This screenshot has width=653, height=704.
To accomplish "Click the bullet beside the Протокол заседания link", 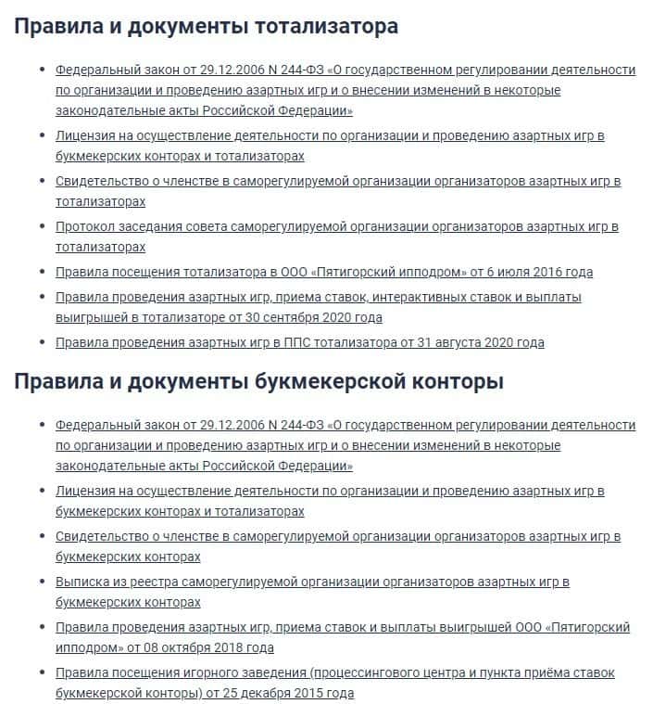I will coord(42,227).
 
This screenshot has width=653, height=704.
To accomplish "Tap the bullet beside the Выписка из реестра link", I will coord(42,582).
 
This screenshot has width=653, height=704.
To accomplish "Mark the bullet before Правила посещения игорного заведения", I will coord(42,673).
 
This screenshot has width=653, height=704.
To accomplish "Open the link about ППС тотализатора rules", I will coord(299,342).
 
